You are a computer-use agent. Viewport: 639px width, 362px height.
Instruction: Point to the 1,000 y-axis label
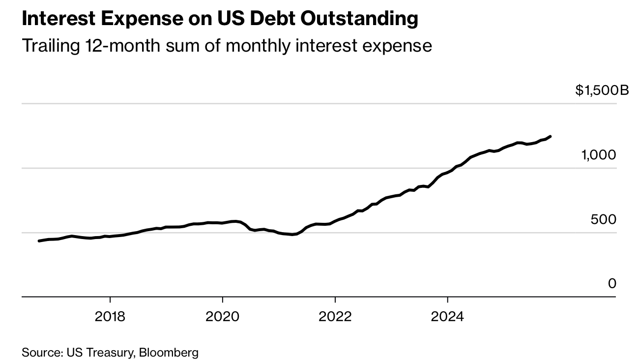point(598,155)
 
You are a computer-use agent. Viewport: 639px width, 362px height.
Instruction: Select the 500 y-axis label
point(603,219)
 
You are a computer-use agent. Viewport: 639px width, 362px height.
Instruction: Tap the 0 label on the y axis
point(611,284)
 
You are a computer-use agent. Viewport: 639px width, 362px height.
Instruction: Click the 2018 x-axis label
point(110,316)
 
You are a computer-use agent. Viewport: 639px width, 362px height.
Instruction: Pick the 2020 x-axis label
point(223,316)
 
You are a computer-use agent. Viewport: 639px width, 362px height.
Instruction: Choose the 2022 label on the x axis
point(335,316)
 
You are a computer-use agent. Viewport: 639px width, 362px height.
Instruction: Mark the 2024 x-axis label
point(447,316)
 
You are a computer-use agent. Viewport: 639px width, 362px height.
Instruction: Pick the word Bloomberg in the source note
point(169,353)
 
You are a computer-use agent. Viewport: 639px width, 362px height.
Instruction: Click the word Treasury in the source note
point(112,353)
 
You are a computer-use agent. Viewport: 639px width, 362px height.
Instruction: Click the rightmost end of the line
point(550,136)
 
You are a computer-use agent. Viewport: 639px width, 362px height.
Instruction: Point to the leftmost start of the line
point(39,241)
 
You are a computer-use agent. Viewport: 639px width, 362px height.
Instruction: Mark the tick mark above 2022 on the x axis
point(335,300)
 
